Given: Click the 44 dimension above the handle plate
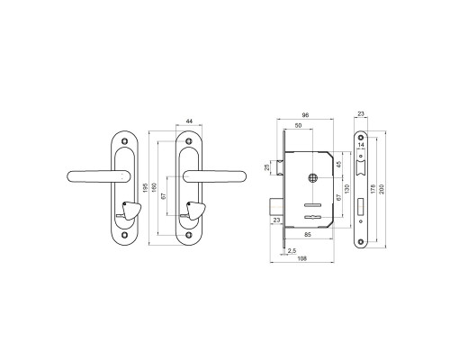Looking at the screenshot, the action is [x=189, y=121].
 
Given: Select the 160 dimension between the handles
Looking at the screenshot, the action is [x=155, y=187].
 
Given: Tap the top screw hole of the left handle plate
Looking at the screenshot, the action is [x=125, y=141].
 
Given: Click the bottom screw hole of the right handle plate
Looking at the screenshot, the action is [x=188, y=235].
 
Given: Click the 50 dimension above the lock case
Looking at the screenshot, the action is [x=298, y=126].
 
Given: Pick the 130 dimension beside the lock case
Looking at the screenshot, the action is [x=347, y=189].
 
